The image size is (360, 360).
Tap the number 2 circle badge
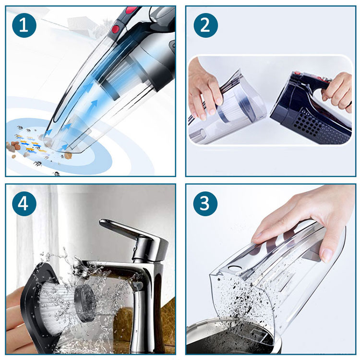[x=205, y=25]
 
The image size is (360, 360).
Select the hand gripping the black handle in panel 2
[x=339, y=91]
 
